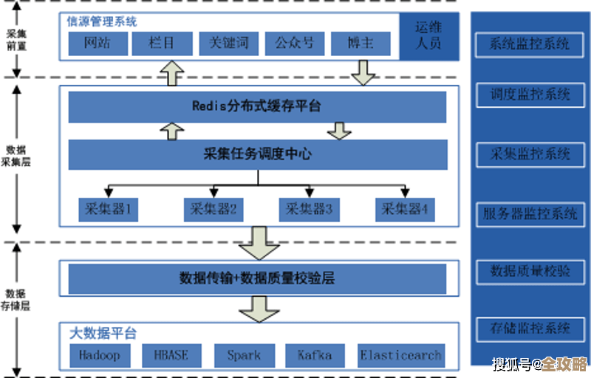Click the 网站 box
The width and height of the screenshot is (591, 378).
97,44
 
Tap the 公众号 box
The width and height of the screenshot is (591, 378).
294,44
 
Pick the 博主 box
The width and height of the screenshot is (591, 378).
361,44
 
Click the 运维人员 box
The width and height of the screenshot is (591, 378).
428,35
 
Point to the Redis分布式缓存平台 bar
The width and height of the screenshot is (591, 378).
257,106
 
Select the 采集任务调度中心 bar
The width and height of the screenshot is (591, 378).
257,154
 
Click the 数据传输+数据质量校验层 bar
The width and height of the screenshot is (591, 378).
257,278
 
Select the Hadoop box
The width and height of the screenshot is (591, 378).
100,355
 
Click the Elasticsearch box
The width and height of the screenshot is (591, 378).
401,355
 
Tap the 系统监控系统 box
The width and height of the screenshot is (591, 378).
530,44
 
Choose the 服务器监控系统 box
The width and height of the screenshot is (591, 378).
530,214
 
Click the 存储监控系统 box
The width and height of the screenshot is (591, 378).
530,328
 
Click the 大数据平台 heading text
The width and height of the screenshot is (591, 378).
103,334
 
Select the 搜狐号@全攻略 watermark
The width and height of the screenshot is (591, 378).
539,364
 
